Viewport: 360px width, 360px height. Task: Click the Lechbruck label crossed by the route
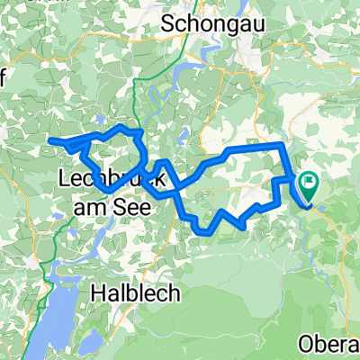tap(109, 179)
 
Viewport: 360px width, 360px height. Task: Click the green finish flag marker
tap(310, 185)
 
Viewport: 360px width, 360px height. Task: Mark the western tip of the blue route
tap(50, 139)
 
